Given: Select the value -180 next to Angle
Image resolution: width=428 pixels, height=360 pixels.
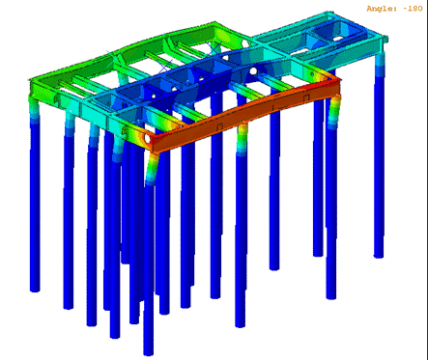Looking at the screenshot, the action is click(x=413, y=9).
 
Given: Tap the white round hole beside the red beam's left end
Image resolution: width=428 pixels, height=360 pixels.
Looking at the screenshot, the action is click(x=147, y=139).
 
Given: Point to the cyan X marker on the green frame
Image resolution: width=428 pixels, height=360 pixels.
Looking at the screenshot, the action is click(x=114, y=59).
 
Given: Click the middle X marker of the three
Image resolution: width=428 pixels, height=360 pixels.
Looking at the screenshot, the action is click(x=166, y=66).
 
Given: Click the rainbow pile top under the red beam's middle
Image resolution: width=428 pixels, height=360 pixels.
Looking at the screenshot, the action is click(x=243, y=139).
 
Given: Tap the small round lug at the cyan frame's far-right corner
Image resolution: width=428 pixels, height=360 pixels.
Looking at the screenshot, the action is click(x=385, y=40).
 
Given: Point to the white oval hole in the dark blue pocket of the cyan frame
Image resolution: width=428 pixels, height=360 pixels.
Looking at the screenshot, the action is click(x=338, y=39).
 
